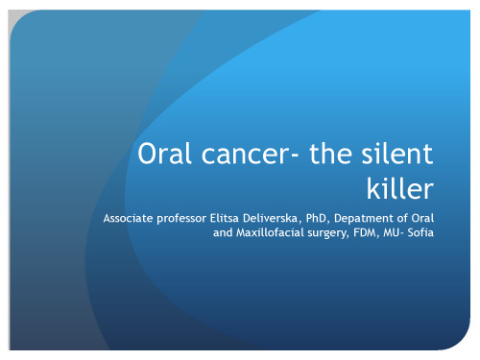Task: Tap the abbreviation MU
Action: tap(398, 232)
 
